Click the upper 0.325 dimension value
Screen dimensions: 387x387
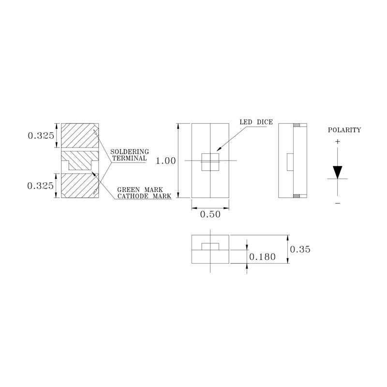(x=41, y=135)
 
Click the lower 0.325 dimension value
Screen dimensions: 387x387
(x=41, y=186)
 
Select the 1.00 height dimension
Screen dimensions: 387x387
(x=166, y=161)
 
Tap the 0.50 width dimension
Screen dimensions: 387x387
(x=210, y=214)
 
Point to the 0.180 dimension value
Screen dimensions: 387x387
(x=262, y=257)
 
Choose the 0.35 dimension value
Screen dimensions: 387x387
(x=300, y=249)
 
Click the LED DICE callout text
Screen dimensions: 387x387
(x=256, y=122)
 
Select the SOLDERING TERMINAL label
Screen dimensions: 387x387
(x=130, y=155)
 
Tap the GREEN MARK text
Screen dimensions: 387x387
(x=140, y=190)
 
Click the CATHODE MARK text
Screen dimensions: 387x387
(x=144, y=196)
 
